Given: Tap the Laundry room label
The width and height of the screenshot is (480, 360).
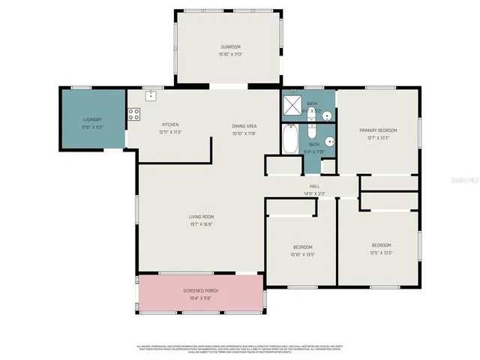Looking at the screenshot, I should pyautogui.click(x=92, y=119).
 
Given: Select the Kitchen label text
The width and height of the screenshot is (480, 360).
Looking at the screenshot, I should pyautogui.click(x=170, y=124).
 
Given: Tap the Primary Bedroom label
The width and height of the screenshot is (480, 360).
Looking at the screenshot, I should pyautogui.click(x=377, y=130).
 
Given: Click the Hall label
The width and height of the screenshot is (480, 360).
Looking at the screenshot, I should pyautogui.click(x=315, y=186).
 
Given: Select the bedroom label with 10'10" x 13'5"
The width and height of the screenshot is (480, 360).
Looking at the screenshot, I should pyautogui.click(x=302, y=247).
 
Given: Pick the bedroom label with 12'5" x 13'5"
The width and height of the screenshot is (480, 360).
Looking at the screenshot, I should pyautogui.click(x=381, y=245).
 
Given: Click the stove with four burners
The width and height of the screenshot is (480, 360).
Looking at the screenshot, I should pyautogui.click(x=133, y=115).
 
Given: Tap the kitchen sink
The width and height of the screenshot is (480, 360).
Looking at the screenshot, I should pyautogui.click(x=151, y=95).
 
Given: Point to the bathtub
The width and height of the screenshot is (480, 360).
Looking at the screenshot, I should pyautogui.click(x=290, y=139).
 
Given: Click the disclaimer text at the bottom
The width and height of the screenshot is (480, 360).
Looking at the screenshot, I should pyautogui.click(x=240, y=348).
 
